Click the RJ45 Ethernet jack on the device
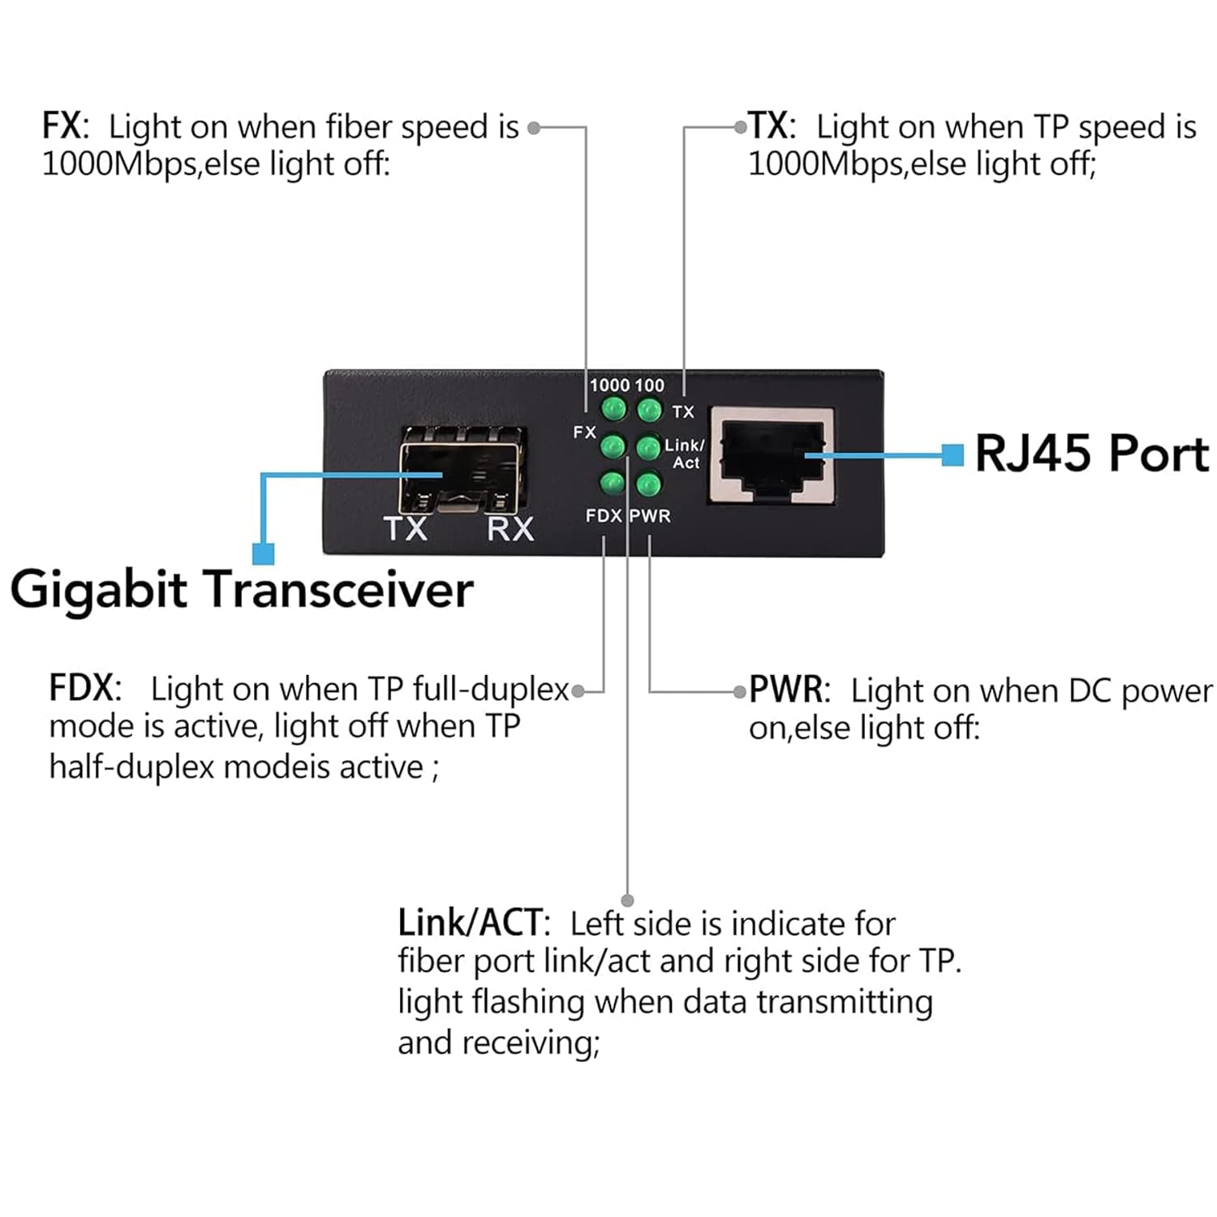[x=771, y=456]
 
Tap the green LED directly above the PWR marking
[x=647, y=485]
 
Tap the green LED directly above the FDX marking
[x=612, y=484]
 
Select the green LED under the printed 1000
[x=613, y=409]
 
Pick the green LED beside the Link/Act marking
[x=647, y=447]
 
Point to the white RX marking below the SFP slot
[x=510, y=529]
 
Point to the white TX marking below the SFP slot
[x=406, y=529]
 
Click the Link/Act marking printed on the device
[x=685, y=454]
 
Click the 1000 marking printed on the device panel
[x=609, y=385]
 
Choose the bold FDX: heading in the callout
[x=85, y=688]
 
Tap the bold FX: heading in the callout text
[x=65, y=127]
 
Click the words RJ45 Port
[x=1091, y=454]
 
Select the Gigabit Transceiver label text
[x=241, y=590]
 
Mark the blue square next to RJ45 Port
[x=953, y=455]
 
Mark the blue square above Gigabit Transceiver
[x=263, y=554]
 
